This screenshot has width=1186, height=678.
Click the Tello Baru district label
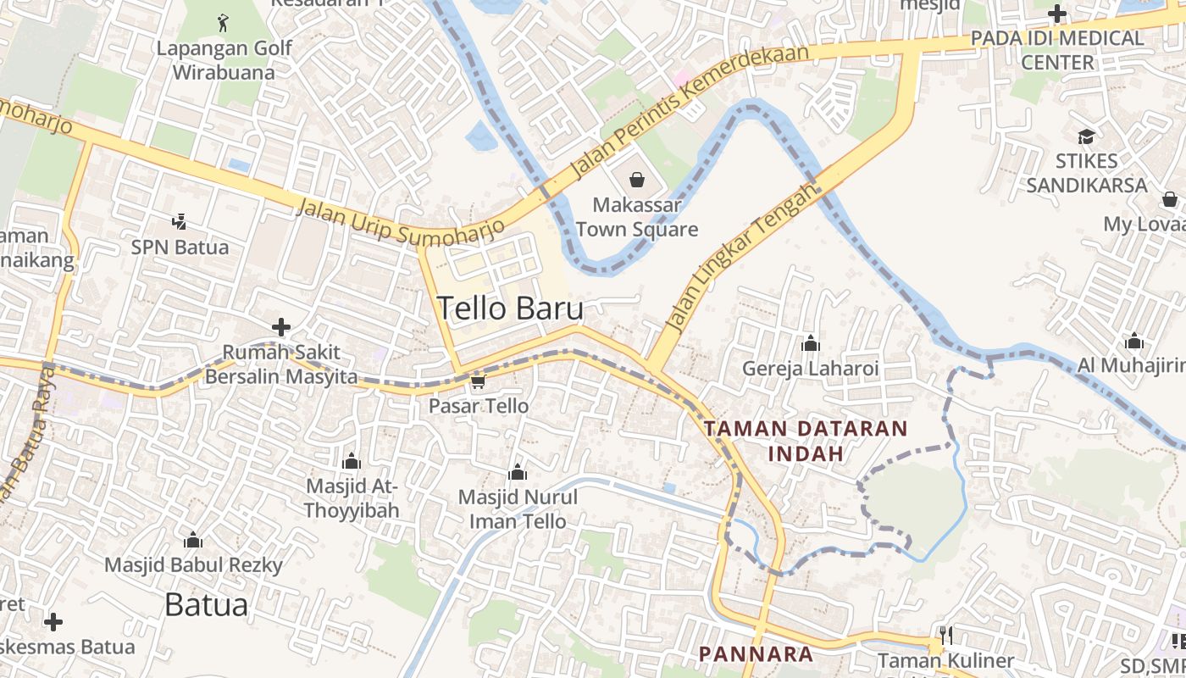point(510,308)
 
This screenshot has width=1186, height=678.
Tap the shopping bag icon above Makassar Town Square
point(637,180)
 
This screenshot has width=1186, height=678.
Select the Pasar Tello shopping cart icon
point(478,383)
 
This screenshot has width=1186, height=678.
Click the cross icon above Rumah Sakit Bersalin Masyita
point(281,327)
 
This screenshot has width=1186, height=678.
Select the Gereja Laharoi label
point(811,369)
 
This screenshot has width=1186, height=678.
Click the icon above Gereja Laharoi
point(811,343)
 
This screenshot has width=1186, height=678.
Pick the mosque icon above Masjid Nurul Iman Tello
point(517,472)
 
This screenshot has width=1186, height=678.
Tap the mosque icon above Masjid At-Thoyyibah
point(351,461)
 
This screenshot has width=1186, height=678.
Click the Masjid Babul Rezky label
point(193,564)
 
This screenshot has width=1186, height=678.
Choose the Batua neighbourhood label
point(206,605)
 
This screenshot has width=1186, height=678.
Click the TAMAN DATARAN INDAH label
point(806,441)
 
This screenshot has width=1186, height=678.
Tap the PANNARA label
point(756,654)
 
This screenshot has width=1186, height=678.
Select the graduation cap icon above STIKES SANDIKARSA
point(1086,136)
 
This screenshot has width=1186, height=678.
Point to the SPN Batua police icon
point(179,222)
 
